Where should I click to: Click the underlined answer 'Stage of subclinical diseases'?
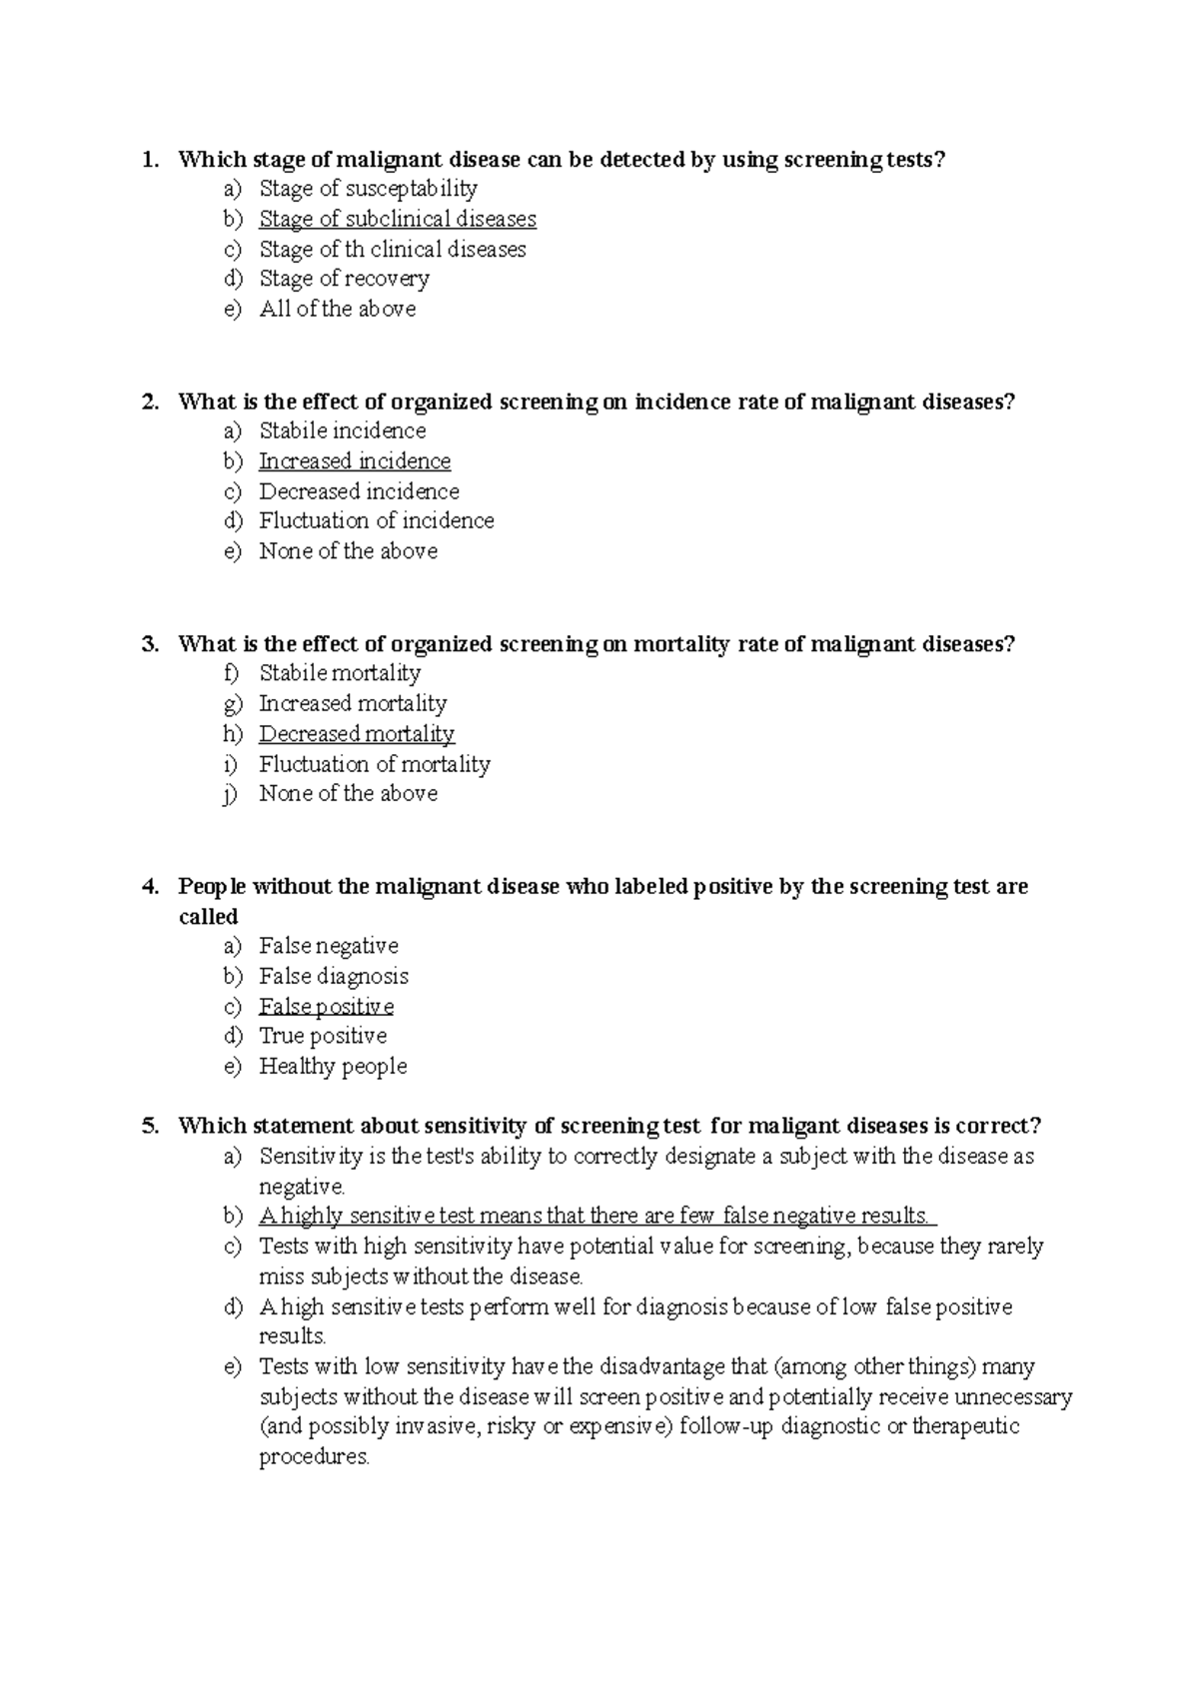pos(397,219)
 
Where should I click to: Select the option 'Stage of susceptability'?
pos(368,189)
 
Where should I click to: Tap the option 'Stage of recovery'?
pos(344,279)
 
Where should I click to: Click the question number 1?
pos(150,160)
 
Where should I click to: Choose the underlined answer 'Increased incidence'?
pos(355,461)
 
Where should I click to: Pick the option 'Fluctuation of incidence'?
pos(376,520)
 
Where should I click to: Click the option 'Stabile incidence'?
pos(342,431)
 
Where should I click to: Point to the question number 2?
pos(150,403)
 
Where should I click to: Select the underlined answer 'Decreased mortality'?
pos(357,734)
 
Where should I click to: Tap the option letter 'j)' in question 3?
pos(232,794)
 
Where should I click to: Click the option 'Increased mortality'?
pos(353,704)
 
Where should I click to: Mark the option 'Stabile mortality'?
pos(340,673)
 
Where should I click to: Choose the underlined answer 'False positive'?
pos(326,1007)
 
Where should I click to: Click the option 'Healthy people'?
pos(333,1067)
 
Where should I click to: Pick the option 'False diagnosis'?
pos(334,977)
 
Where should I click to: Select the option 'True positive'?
pos(323,1037)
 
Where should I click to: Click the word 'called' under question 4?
pos(208,917)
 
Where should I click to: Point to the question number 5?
pos(150,1127)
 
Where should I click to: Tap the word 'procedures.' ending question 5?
pos(314,1457)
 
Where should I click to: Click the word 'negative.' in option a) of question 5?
pos(302,1188)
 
